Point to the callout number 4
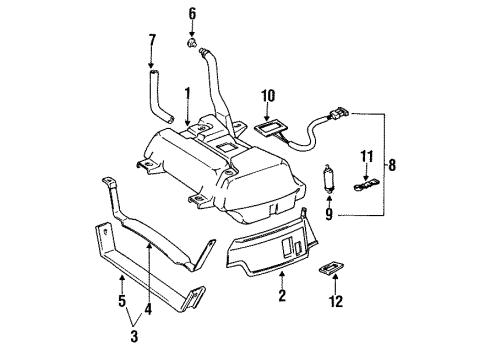(148, 312)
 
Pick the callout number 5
(122, 300)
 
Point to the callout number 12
(336, 305)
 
